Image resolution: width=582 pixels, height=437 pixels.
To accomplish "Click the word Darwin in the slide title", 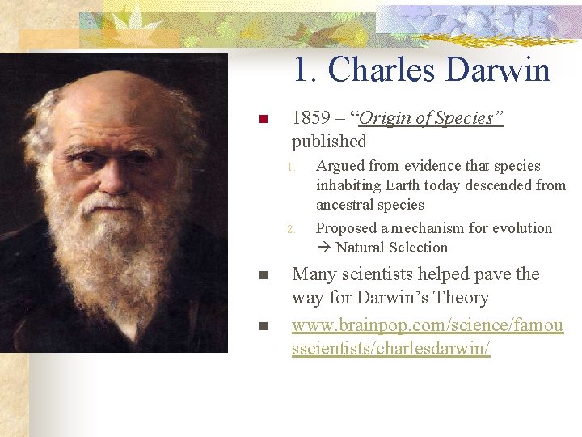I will tap(495, 70).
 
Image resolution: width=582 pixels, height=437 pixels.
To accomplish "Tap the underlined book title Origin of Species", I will tap(431, 118).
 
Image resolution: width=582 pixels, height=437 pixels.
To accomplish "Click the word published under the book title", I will tap(329, 142).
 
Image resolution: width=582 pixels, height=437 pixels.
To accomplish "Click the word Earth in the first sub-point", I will tap(404, 185).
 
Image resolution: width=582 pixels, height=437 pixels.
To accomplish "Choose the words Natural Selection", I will tap(391, 248).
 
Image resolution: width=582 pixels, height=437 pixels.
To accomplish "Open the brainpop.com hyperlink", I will tap(427, 326).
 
